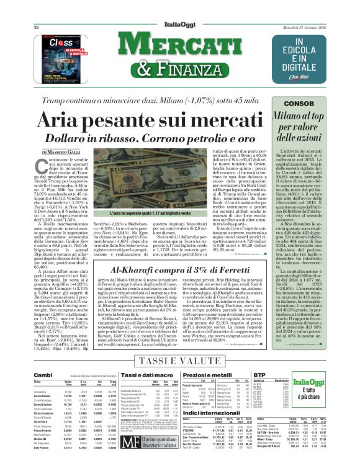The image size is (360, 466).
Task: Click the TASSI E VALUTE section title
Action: pyautogui.click(x=179, y=361)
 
